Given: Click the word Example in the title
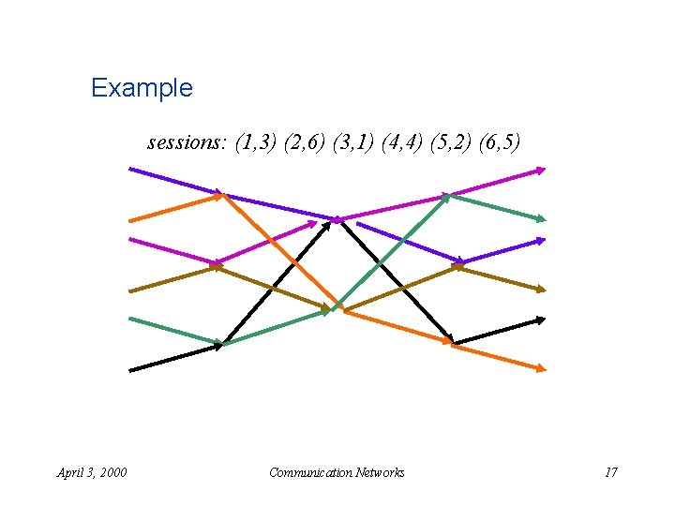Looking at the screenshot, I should click(142, 88).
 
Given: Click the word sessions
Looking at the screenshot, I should click(184, 143).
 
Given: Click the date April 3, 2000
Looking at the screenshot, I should click(92, 472).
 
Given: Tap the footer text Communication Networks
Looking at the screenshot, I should click(337, 472).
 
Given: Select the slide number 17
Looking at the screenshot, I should click(610, 472).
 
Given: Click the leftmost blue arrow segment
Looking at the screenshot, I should click(176, 182).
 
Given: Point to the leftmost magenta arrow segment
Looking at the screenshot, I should click(174, 251).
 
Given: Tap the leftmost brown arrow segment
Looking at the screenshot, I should click(174, 277).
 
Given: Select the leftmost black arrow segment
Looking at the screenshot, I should click(174, 358).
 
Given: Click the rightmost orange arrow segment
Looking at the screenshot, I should click(499, 358).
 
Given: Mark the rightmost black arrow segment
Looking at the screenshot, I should click(499, 332).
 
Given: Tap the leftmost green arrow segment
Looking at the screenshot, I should click(174, 331).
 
